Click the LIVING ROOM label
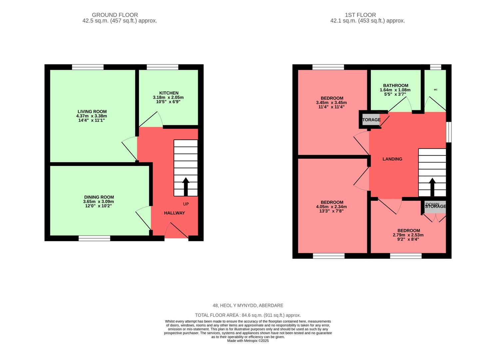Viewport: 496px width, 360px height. [x=92, y=112]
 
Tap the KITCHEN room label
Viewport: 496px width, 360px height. [x=169, y=93]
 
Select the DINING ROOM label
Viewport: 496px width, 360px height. [x=99, y=197]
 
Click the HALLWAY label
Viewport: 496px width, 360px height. [x=174, y=213]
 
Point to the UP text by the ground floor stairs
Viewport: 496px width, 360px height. [x=186, y=204]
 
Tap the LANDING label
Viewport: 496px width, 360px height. [x=392, y=159]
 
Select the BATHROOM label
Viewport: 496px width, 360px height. [x=395, y=86]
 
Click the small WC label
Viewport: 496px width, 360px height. [x=435, y=90]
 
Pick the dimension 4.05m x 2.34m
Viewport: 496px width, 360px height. [x=331, y=207]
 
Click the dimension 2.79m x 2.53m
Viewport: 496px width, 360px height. [x=408, y=235]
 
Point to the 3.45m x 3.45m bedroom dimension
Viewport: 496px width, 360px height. [x=331, y=103]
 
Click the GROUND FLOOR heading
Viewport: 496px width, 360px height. [x=115, y=15]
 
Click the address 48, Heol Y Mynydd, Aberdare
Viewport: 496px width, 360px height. [x=248, y=305]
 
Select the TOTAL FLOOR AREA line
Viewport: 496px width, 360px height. [x=248, y=315]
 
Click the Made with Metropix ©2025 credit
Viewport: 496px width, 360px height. [x=248, y=341]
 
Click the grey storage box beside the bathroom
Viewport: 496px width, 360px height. [x=370, y=120]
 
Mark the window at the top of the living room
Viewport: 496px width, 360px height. [x=88, y=67]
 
